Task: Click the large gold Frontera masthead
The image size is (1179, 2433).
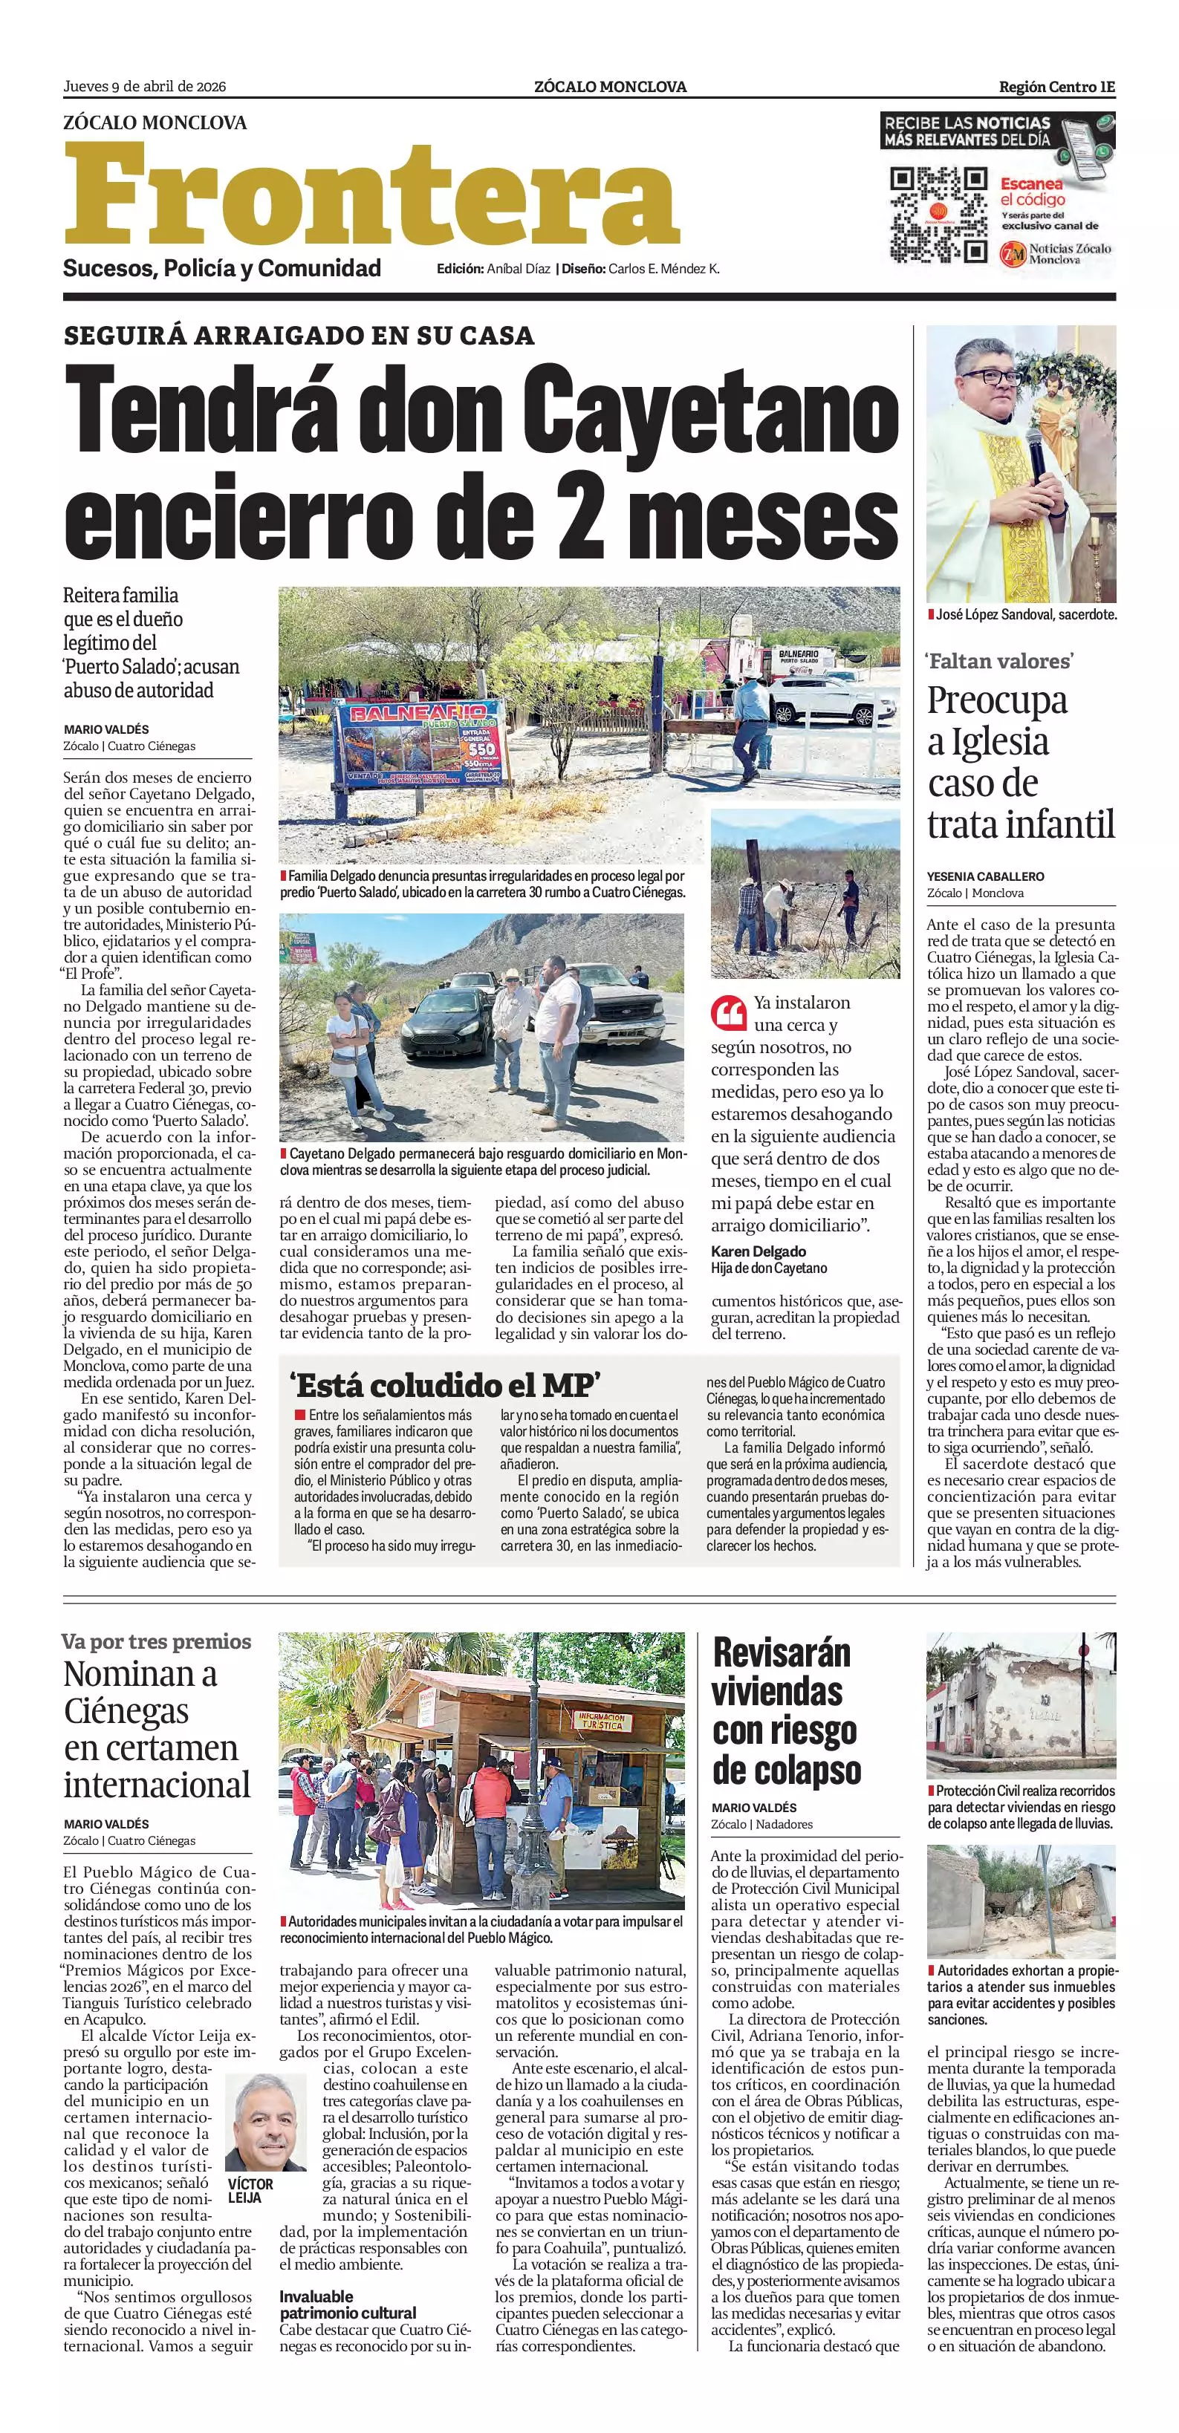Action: (x=371, y=195)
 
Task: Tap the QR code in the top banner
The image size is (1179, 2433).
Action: (x=938, y=215)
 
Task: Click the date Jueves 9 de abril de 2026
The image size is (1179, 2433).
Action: (x=145, y=87)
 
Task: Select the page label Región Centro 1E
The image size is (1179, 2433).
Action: (x=1056, y=87)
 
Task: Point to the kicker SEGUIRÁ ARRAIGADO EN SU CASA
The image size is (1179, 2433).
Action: (x=299, y=335)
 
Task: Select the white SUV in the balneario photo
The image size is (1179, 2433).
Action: (x=819, y=697)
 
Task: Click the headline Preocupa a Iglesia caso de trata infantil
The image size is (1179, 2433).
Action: (x=1020, y=761)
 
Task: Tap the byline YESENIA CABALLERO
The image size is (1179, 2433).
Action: (x=985, y=876)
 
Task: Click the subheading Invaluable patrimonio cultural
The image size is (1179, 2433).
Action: (x=347, y=2305)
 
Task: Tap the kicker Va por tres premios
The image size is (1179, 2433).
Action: (x=156, y=1641)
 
